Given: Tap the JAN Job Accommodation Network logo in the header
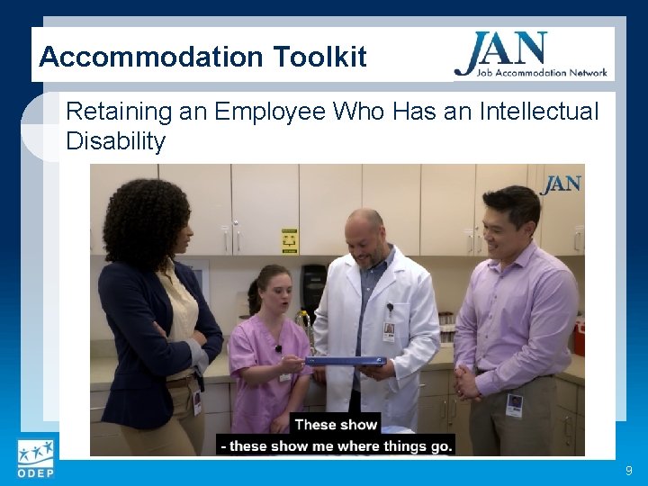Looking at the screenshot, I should coord(531,55).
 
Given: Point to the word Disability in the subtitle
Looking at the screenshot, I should coord(115,141).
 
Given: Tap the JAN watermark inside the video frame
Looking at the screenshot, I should coord(561,184).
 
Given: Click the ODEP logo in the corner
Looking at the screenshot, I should coord(35,459).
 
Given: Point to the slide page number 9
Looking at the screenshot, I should coord(628,471).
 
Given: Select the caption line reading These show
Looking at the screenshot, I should coord(336,425).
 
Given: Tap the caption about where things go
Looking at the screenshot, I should coord(337,445).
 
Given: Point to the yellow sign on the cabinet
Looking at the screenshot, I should coord(290,241).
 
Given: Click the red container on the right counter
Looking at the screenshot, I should coord(579,338).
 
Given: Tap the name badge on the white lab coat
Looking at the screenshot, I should coord(389,330).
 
